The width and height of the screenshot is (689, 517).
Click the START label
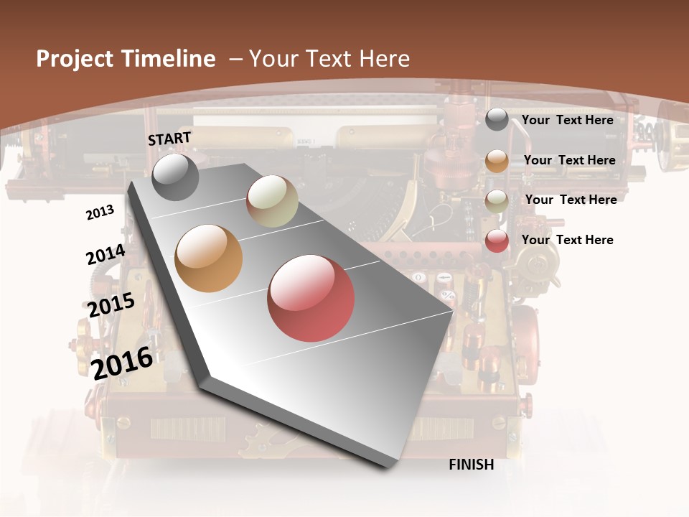169,139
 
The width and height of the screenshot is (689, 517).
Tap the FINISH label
471,465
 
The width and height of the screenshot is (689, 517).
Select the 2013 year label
100,213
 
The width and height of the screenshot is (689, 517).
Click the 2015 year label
111,305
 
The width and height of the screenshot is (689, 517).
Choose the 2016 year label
123,363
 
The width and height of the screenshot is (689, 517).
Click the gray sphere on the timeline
175,177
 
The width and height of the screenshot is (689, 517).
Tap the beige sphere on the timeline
272,201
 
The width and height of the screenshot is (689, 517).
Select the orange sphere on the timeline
209,258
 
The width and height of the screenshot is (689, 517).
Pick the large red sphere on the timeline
311,298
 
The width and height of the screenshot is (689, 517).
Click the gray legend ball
497,120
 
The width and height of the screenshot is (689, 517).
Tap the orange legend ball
497,161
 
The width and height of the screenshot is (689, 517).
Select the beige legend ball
497,201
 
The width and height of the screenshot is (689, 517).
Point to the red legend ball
497,241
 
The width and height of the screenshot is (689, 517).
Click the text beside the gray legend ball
567,120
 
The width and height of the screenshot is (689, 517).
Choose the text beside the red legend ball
567,240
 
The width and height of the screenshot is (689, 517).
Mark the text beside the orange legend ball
569,160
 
